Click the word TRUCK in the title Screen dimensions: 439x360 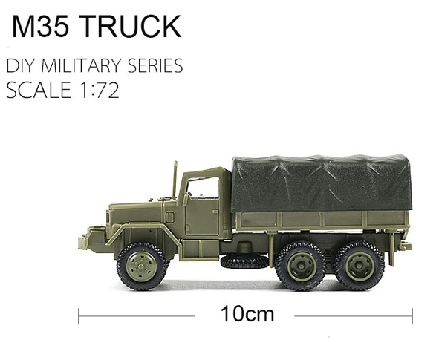pos(135,26)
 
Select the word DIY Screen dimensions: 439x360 pos(21,65)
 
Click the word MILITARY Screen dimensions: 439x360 pos(81,65)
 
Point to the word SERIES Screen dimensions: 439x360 pos(155,65)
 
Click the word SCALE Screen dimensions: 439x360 pos(39,90)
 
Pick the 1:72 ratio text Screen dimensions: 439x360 pos(99,90)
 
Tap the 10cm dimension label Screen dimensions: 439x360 pos(247,314)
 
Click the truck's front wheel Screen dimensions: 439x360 pos(142,266)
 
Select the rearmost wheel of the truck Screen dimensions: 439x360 pos(360,266)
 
